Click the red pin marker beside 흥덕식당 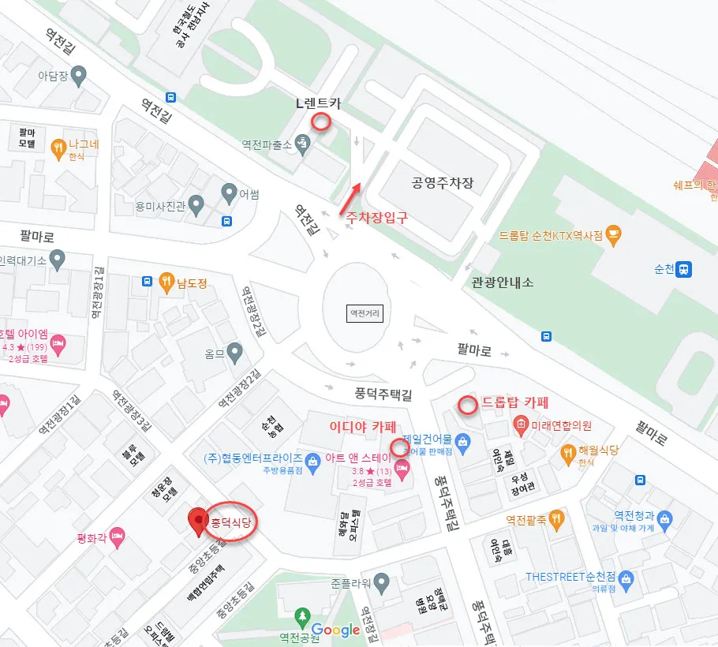[197, 521]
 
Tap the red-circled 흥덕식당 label [232, 522]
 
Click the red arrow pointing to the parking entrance [350, 198]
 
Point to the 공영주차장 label [443, 183]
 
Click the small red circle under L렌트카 [320, 122]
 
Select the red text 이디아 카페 [362, 426]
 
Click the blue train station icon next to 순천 [683, 268]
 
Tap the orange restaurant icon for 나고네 [58, 147]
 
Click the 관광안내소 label [503, 282]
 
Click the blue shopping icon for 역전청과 [665, 518]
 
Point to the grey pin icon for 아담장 [77, 76]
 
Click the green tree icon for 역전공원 [300, 615]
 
